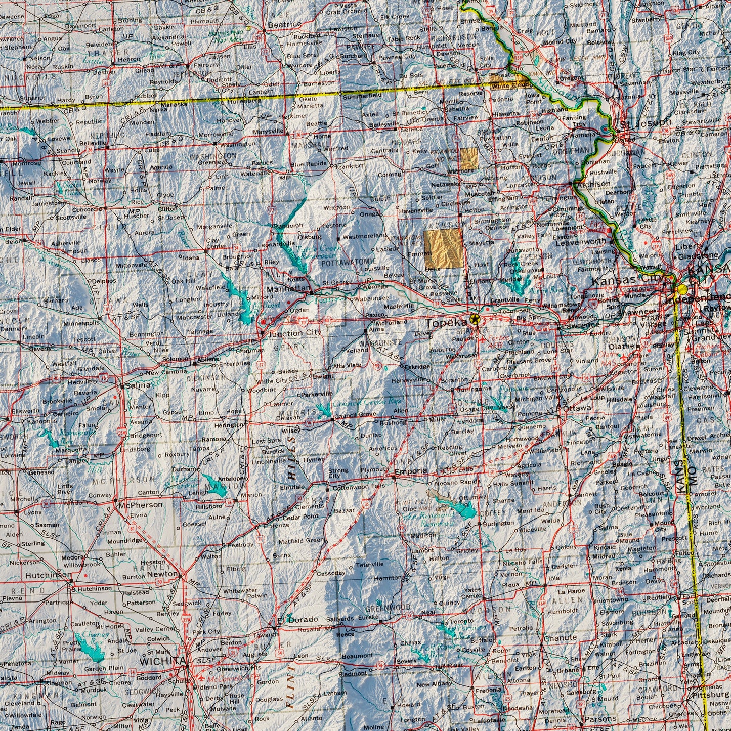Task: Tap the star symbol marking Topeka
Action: pos(475,319)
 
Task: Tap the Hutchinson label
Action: pos(49,575)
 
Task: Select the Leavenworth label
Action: pos(581,242)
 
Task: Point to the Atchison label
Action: pos(593,184)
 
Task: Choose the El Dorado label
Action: pos(298,619)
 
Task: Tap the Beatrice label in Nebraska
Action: pos(284,24)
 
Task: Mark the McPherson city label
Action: pos(141,504)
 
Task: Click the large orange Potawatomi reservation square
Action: pos(443,247)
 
